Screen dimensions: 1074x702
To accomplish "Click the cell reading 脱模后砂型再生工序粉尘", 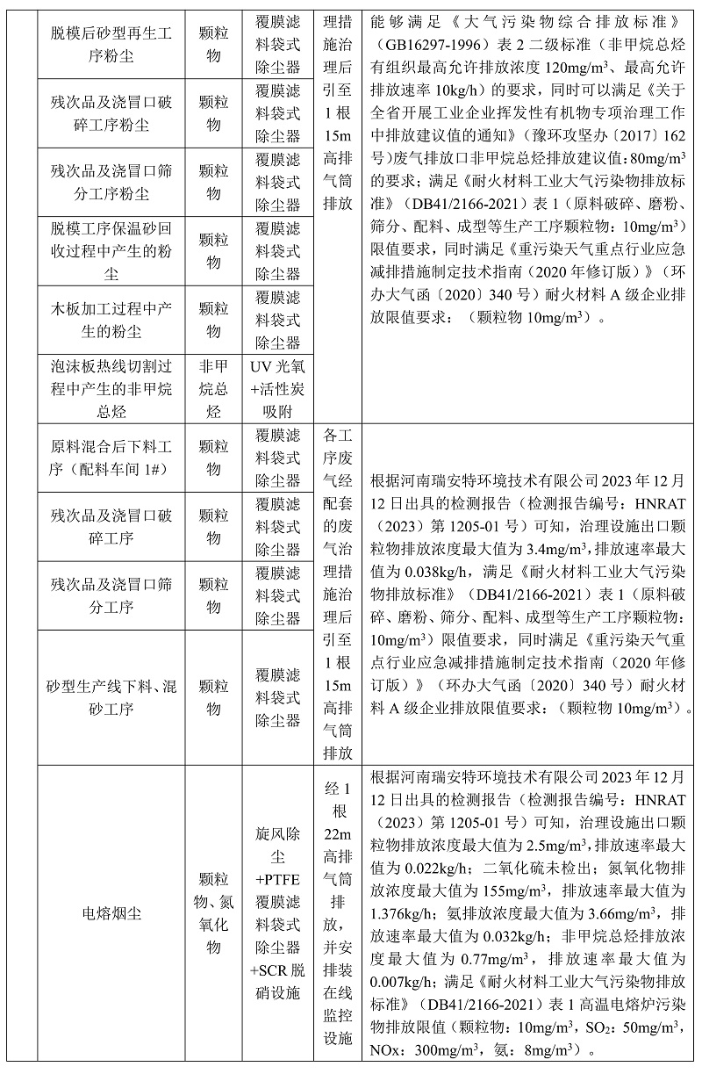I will click(x=110, y=43).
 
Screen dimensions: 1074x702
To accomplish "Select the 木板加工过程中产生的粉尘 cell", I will click(x=110, y=320).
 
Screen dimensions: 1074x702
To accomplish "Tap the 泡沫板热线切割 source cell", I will click(x=110, y=388).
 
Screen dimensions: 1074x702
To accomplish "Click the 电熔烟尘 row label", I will click(x=110, y=914).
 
